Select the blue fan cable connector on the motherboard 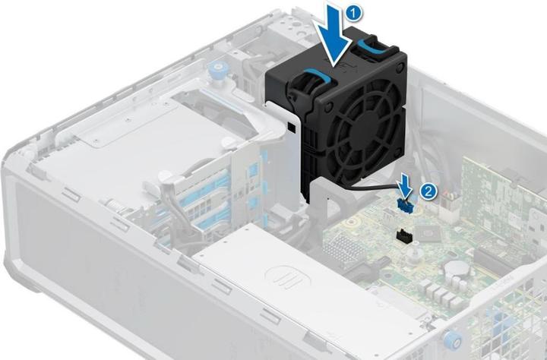[x=404, y=205]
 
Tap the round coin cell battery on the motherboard [x=457, y=267]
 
